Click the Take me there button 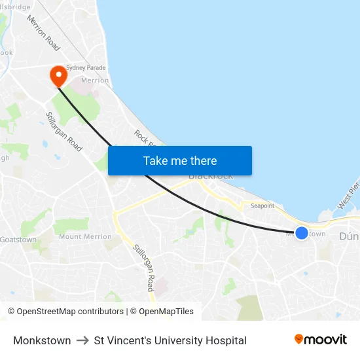tap(180, 160)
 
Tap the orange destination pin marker tap(58, 75)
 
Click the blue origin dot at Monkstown tap(302, 232)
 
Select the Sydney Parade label tap(86, 67)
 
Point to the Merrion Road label tap(43, 33)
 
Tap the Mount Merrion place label tap(85, 236)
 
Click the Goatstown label tap(18, 240)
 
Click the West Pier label tap(348, 196)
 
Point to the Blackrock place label tap(211, 176)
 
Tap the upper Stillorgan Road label tap(63, 132)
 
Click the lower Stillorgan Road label tap(143, 268)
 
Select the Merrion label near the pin tap(95, 81)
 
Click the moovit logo tap(321, 340)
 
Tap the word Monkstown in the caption tap(42, 340)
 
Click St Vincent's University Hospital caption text tap(170, 340)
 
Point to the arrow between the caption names tap(82, 340)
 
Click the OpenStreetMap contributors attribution tap(66, 312)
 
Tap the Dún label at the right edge tap(349, 236)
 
